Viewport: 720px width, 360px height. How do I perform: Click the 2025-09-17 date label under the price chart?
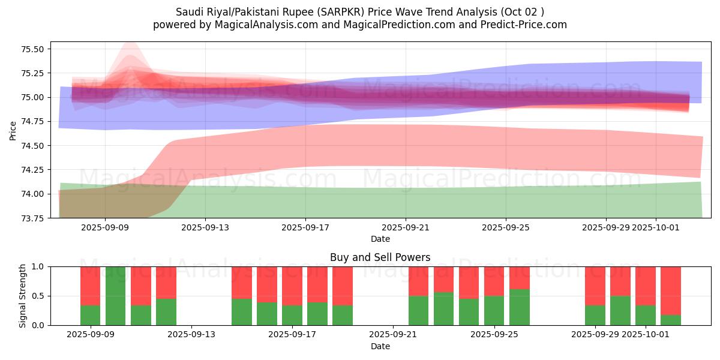point(305,227)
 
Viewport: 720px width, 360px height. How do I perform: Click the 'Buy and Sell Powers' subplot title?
point(380,257)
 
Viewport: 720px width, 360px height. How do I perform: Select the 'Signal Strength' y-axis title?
point(22,295)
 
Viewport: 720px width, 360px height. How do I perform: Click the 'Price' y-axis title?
point(13,130)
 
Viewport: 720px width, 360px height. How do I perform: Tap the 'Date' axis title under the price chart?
point(380,239)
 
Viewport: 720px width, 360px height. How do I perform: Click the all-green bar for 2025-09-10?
point(115,296)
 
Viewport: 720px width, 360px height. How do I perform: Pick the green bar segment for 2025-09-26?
point(520,307)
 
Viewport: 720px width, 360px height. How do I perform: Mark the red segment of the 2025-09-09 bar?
point(90,286)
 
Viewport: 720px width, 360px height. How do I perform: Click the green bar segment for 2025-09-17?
point(292,315)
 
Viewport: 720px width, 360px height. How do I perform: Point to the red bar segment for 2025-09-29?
point(595,286)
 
